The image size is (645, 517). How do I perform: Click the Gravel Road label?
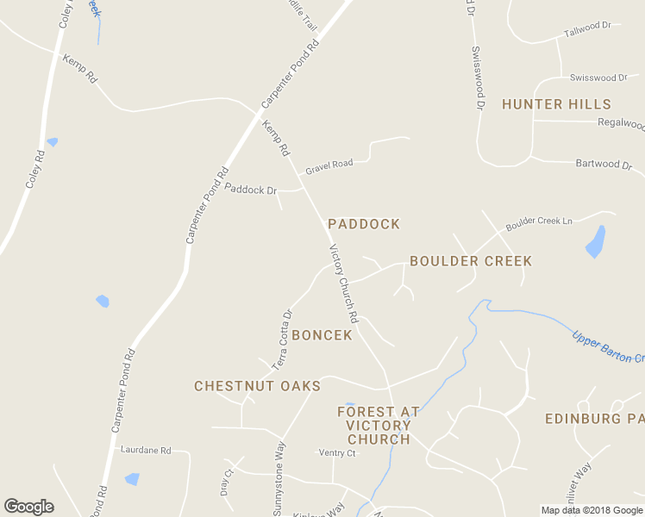[x=329, y=164]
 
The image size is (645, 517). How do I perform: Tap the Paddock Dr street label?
[x=251, y=189]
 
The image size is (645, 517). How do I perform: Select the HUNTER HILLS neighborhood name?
[x=556, y=104]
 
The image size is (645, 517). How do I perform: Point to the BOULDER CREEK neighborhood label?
[x=471, y=260]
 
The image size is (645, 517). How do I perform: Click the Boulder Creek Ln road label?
[x=539, y=221]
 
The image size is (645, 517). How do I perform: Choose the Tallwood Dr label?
[x=587, y=29]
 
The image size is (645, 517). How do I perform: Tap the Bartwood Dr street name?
[x=597, y=164]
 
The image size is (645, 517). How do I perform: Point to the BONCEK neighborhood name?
[x=322, y=334]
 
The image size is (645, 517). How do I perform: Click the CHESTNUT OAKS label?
[x=257, y=386]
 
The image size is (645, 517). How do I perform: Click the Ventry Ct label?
[x=337, y=452]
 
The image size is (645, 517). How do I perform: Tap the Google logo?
[x=28, y=507]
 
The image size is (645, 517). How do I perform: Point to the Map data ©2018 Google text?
[x=592, y=510]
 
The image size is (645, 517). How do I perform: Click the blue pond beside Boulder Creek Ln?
[x=596, y=241]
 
